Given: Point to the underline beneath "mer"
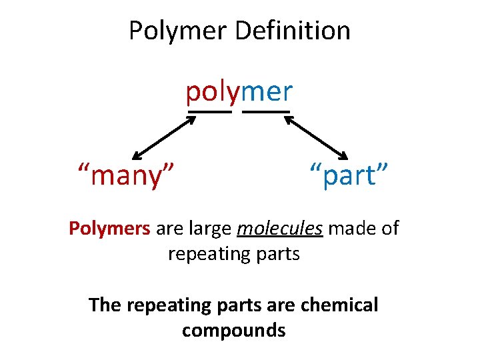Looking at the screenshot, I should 266,111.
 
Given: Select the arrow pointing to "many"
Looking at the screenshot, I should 164,138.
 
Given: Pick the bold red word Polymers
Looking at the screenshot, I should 110,229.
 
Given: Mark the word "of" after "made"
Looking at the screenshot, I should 388,229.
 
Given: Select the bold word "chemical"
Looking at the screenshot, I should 339,305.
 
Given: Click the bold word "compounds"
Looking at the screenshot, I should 233,330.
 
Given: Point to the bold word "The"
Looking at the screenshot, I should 105,305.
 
